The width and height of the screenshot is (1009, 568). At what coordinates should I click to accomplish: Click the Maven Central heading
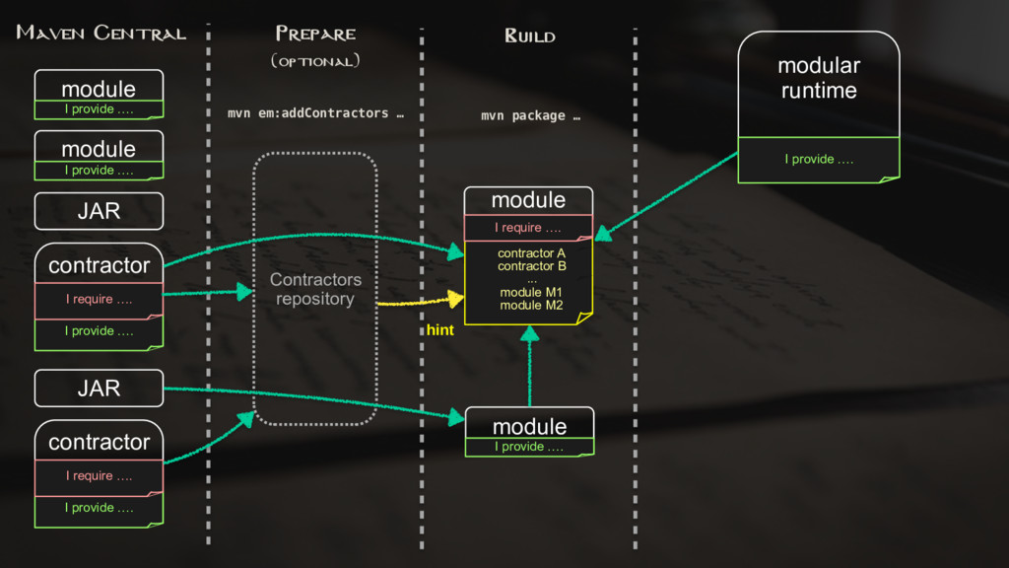[101, 34]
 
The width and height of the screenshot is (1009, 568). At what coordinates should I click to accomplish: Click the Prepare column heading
[315, 34]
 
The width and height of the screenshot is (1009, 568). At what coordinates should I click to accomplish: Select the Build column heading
[530, 36]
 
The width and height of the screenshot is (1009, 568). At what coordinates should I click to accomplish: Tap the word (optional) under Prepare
[315, 61]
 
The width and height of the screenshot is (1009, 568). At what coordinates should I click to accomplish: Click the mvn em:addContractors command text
[315, 113]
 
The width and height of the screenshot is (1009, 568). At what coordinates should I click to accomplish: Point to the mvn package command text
[530, 116]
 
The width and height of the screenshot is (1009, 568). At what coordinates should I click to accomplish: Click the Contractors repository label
[315, 289]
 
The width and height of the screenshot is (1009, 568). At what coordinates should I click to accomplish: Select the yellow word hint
[439, 330]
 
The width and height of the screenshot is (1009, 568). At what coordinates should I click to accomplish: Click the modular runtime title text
[818, 78]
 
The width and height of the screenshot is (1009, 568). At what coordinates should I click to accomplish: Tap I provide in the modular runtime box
[818, 160]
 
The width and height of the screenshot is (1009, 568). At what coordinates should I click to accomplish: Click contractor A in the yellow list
[531, 253]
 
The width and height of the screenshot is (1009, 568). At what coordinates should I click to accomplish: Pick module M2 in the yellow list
[531, 306]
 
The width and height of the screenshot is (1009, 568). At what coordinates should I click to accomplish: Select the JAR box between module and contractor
[99, 211]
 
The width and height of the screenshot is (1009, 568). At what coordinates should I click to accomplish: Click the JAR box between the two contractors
[99, 389]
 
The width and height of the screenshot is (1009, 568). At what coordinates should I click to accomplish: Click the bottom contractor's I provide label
[99, 508]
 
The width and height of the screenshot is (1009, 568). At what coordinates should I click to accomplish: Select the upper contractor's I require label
[99, 299]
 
